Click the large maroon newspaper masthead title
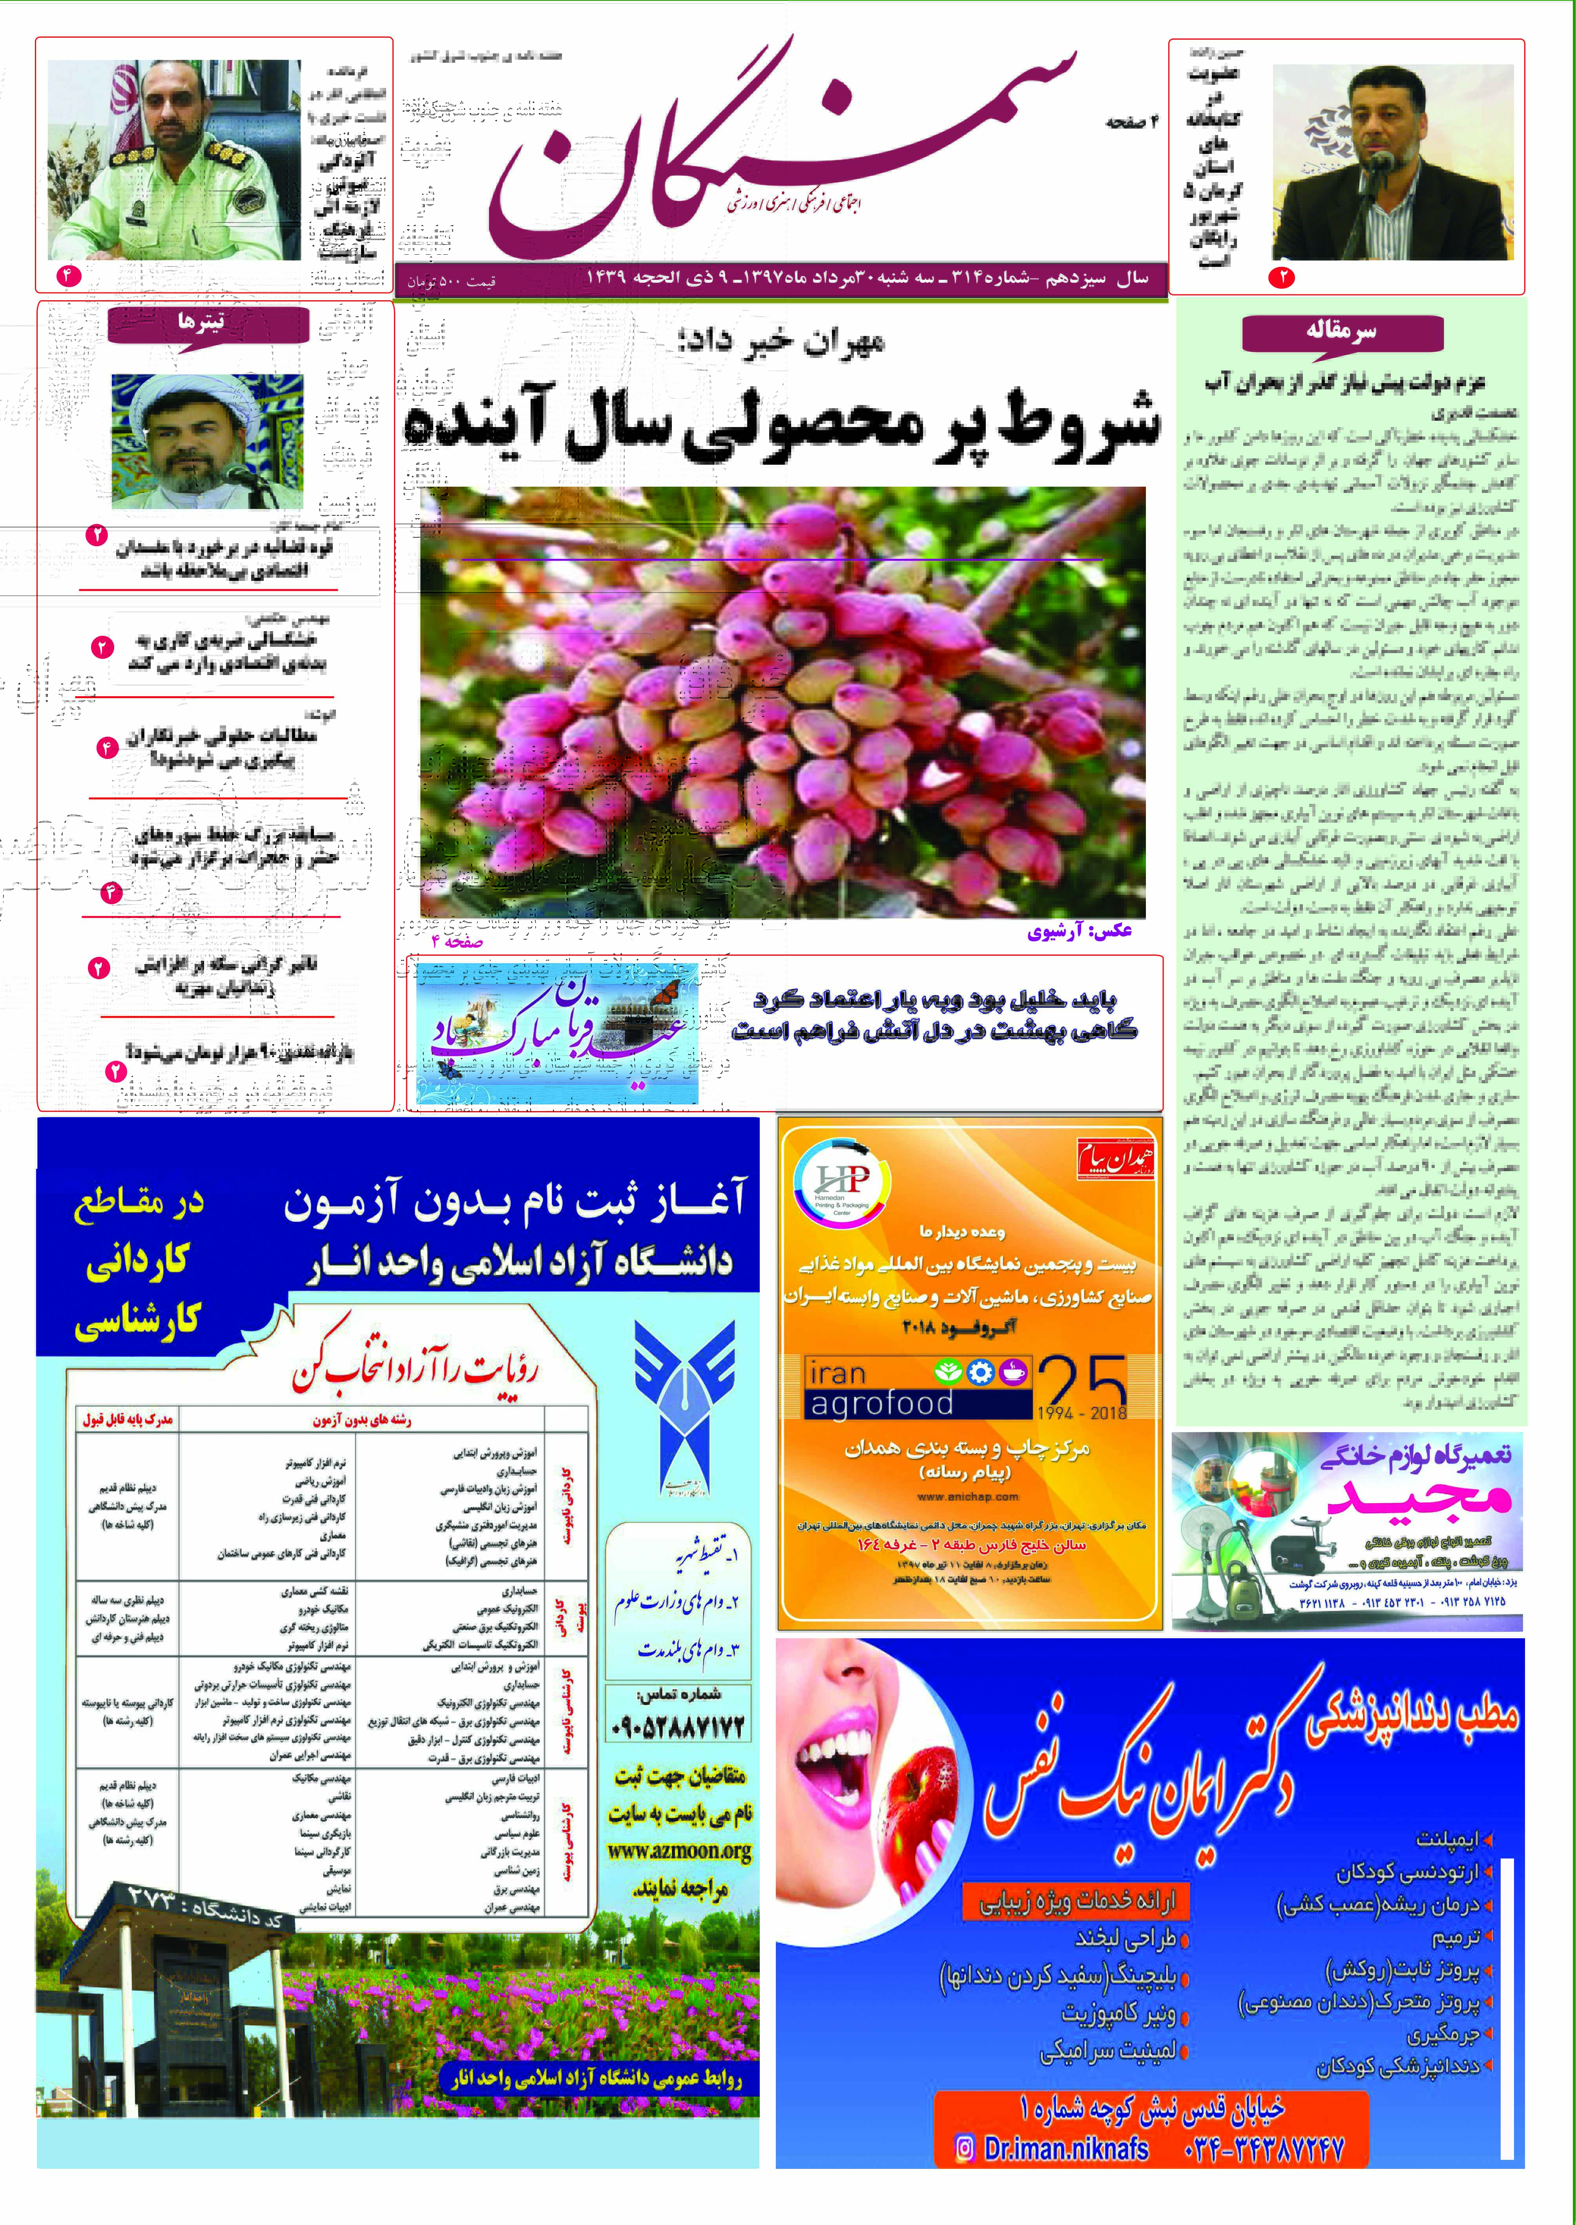point(776,146)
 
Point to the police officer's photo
point(175,160)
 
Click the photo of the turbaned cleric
point(207,442)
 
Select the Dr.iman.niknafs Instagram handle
point(1065,2149)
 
